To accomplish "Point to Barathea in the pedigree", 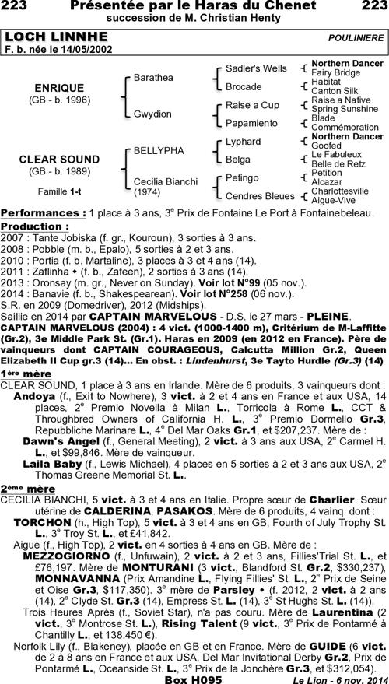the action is click(154, 79).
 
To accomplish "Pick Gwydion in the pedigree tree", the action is click(152, 114).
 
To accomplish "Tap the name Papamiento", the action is click(251, 122).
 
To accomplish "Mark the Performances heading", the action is click(43, 212).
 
